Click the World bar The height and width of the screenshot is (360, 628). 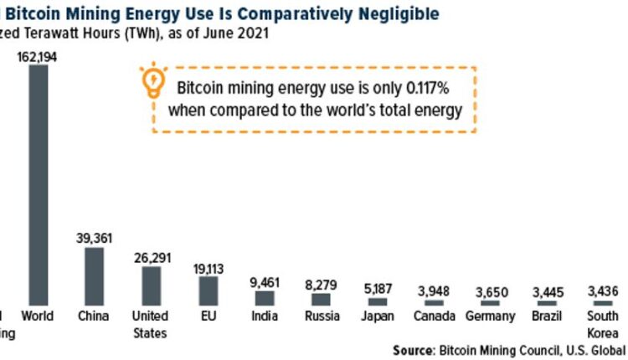(x=39, y=184)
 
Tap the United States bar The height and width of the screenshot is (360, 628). (x=151, y=285)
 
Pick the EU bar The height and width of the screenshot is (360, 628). (x=208, y=290)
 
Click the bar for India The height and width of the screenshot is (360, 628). (x=265, y=297)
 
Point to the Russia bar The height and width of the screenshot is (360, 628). (x=321, y=298)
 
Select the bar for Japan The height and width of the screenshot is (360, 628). (x=378, y=300)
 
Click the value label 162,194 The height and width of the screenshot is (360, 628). (x=38, y=56)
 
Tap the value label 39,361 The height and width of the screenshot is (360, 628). (x=94, y=238)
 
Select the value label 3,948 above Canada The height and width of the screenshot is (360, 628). (x=435, y=291)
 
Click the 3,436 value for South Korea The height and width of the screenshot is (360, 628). (x=604, y=291)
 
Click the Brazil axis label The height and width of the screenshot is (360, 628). (x=548, y=316)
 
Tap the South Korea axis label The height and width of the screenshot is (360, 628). (x=603, y=324)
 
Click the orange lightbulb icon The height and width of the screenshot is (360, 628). (x=154, y=81)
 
